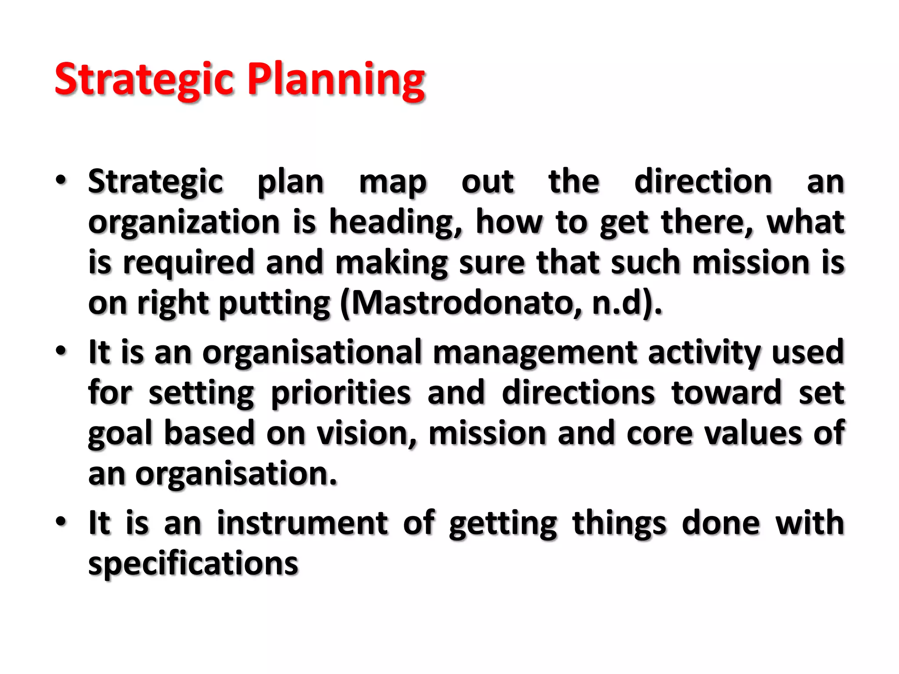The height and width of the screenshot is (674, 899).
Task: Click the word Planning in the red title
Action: pos(336,80)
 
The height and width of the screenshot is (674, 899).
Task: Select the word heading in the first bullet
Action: pos(396,222)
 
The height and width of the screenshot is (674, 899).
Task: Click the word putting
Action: pos(274,304)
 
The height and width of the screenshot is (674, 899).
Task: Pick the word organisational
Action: pos(312,352)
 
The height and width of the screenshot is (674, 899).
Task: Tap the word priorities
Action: pos(341,392)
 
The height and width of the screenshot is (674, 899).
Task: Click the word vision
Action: pos(367,433)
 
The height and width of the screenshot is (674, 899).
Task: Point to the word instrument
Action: pos(302,523)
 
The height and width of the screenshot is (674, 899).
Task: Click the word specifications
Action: pos(193,564)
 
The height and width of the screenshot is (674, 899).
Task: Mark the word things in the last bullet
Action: pos(619,523)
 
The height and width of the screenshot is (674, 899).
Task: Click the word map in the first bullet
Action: pos(393,183)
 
